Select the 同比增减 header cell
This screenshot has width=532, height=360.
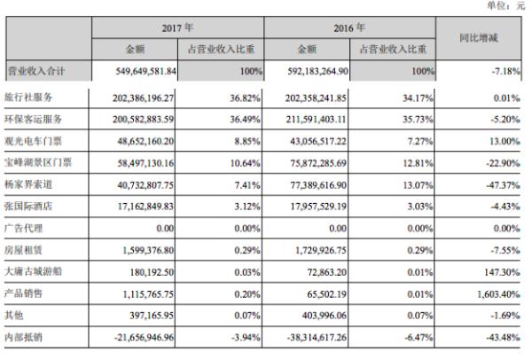pos(487,40)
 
